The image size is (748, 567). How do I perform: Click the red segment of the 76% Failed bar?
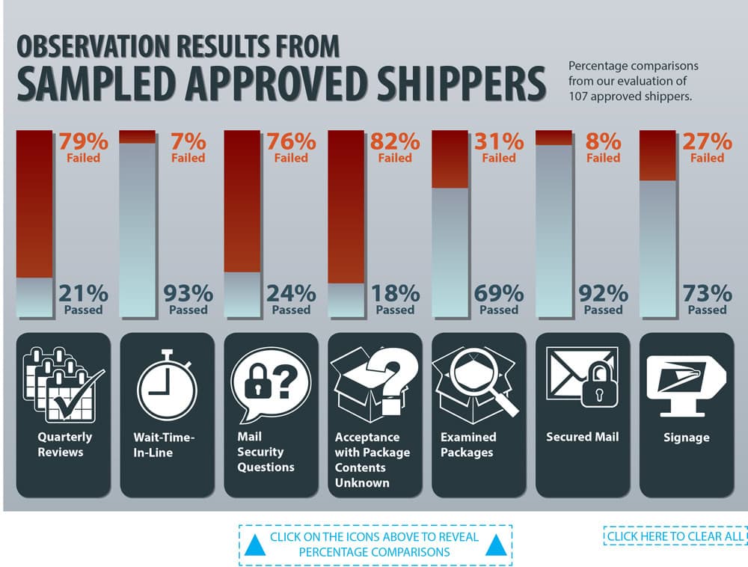[242, 202]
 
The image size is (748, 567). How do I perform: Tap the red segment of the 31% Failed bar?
[450, 159]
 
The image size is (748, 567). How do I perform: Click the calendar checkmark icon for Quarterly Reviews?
[64, 382]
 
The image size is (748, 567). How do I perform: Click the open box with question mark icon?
[374, 382]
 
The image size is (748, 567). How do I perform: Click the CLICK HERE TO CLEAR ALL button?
[675, 536]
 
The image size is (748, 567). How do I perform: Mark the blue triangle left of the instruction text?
[256, 545]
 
